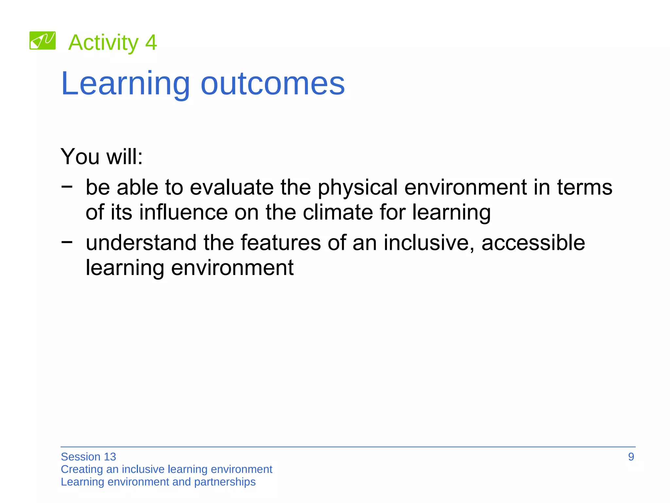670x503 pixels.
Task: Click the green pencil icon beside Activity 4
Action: tap(43, 41)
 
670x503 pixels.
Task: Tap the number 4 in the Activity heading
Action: tap(151, 43)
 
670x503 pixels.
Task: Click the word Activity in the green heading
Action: tap(103, 43)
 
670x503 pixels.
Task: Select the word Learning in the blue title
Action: tap(125, 84)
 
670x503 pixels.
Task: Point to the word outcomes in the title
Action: tap(273, 84)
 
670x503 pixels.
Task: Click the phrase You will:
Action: tap(102, 157)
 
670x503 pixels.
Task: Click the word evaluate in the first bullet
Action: tap(232, 187)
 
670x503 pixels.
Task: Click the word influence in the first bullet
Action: tap(183, 212)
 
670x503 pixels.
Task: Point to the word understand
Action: tap(141, 243)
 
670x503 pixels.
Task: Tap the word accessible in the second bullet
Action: tap(533, 243)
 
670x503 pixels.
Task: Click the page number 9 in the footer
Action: tap(631, 457)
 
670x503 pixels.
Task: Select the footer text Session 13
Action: tap(88, 457)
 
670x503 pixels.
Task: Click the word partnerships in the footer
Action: tap(225, 482)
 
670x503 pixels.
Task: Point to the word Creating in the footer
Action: tap(82, 470)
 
